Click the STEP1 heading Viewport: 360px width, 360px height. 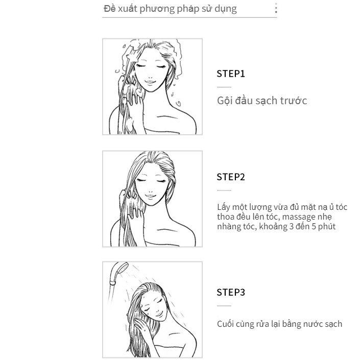click(x=231, y=74)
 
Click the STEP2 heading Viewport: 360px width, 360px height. click(x=231, y=177)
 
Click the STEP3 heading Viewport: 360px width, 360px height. click(x=231, y=292)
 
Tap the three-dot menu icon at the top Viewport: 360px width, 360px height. click(x=276, y=8)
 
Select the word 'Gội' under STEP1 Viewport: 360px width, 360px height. click(x=225, y=101)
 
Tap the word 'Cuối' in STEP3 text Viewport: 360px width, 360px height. click(x=225, y=324)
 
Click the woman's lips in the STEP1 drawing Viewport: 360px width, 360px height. click(x=150, y=82)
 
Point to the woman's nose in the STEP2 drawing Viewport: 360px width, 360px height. click(x=150, y=190)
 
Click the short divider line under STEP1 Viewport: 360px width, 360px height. click(x=224, y=87)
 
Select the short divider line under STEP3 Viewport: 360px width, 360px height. click(x=224, y=305)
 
